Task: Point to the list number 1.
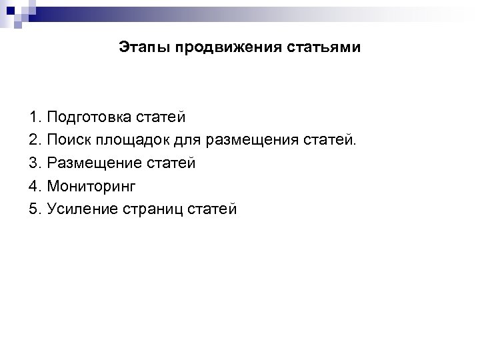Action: (35, 118)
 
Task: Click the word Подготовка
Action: (88, 119)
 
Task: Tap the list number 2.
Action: (35, 141)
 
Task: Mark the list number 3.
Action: (35, 163)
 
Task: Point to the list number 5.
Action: (35, 209)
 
